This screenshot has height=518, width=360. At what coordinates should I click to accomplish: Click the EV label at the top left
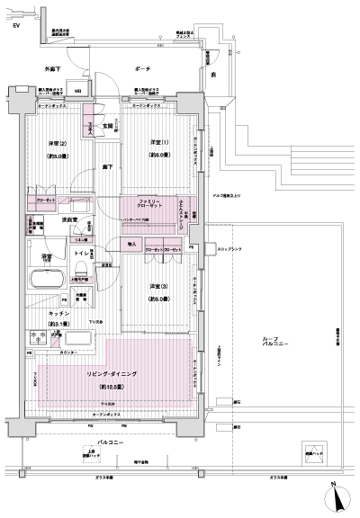click(x=14, y=26)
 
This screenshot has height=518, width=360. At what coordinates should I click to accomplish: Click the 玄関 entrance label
click(x=106, y=126)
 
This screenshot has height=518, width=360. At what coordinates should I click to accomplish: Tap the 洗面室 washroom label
click(x=69, y=219)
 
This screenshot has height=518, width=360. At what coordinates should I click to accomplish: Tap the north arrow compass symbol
click(x=335, y=492)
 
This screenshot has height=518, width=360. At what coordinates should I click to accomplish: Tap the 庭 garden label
click(x=212, y=76)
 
